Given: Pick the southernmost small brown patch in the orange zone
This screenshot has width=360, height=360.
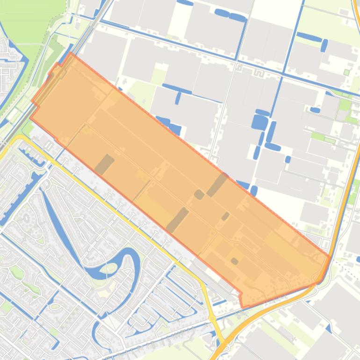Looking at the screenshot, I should [x=234, y=261].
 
